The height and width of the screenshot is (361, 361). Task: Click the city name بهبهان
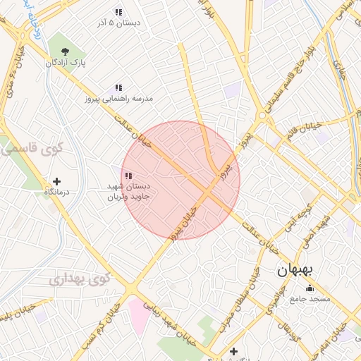coord(299,270)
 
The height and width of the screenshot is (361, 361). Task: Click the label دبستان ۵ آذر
coord(118,23)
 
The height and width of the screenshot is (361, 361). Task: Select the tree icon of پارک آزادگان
coord(66,51)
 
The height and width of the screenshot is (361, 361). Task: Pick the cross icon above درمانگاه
coord(57,181)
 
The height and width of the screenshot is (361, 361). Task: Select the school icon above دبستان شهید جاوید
coord(128,176)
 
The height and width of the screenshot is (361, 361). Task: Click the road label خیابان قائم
coord(305,130)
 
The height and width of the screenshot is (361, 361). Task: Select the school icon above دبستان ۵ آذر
coord(118,11)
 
